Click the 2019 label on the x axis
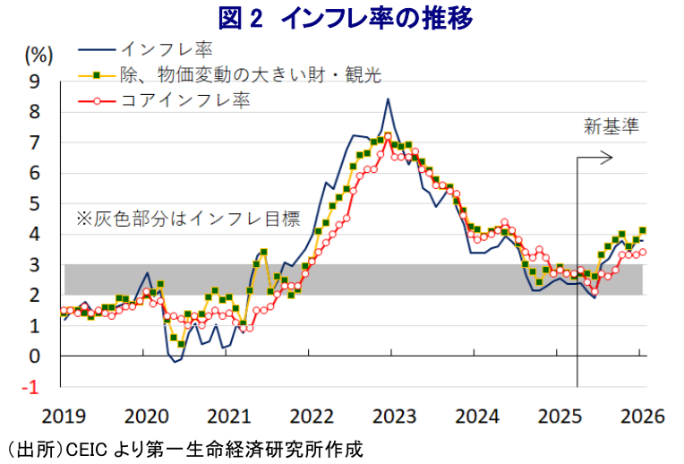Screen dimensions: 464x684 [62, 417]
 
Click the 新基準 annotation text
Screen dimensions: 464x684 [611, 126]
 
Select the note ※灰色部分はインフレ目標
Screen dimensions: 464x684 [186, 218]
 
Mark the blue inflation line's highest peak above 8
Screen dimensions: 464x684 [388, 99]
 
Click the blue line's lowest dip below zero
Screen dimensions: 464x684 [176, 362]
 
